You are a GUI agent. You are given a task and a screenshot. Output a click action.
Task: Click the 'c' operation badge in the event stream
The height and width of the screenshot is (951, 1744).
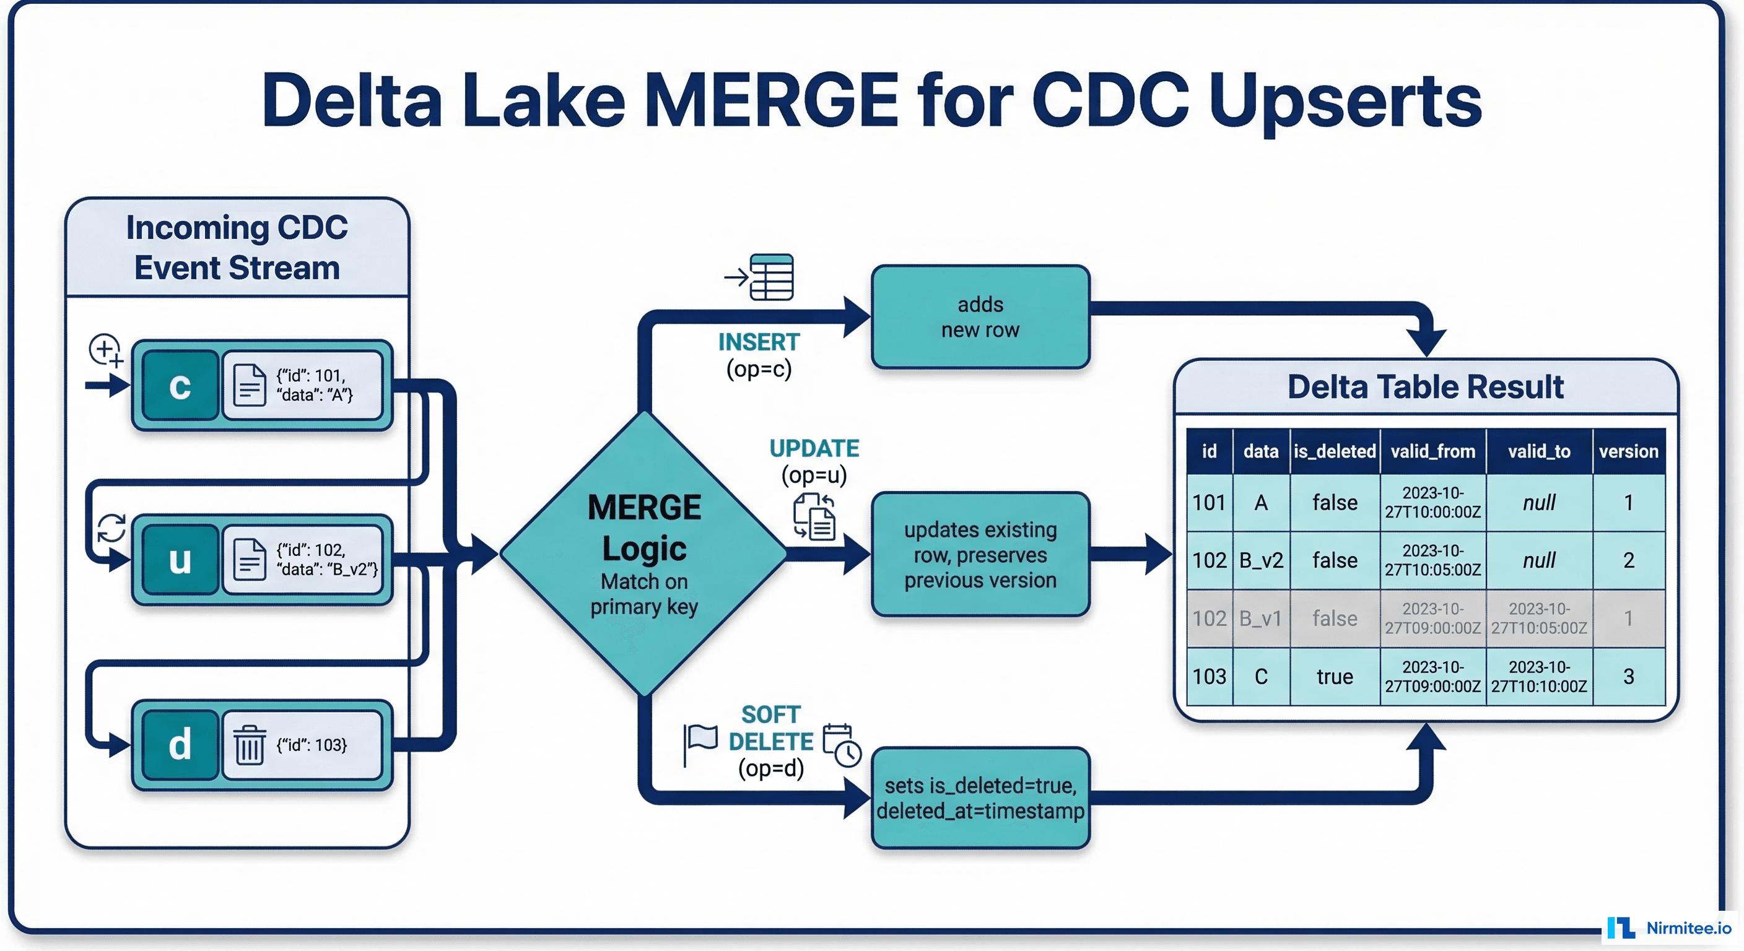click(x=180, y=386)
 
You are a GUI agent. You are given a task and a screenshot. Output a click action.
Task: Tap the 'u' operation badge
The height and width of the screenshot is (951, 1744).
click(x=180, y=560)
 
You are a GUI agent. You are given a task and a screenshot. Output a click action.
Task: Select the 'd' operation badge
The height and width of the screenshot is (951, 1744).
click(x=180, y=745)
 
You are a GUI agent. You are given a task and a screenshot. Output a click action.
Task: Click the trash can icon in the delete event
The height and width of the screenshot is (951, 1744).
click(x=249, y=745)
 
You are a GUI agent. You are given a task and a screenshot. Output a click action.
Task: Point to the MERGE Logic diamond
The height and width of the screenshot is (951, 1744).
click(x=644, y=554)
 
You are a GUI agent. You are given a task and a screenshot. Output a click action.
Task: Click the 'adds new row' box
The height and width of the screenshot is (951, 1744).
click(x=980, y=317)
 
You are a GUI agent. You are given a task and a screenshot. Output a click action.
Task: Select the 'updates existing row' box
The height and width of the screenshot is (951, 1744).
click(x=980, y=554)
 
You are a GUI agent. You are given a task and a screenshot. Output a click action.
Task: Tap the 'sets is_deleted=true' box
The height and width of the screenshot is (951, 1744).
click(x=980, y=798)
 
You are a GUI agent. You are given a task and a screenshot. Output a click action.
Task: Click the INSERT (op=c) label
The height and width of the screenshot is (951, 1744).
click(x=759, y=355)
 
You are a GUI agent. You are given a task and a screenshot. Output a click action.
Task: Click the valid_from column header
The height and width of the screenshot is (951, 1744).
click(x=1432, y=451)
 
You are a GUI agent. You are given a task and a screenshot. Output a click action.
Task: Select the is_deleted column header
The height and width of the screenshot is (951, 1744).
click(x=1335, y=451)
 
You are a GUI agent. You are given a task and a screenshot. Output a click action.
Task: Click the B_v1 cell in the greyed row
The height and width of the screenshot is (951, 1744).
click(x=1260, y=619)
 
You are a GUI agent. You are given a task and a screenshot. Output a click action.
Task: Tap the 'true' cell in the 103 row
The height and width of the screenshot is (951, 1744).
click(x=1335, y=677)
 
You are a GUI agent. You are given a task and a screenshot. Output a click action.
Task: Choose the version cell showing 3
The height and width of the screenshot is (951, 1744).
click(x=1628, y=677)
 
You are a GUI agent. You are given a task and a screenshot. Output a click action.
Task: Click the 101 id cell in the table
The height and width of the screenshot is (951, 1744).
click(x=1209, y=503)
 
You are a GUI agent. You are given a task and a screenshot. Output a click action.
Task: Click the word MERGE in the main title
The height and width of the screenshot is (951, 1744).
click(x=770, y=100)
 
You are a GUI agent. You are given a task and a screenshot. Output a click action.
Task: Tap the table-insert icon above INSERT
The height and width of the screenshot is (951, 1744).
click(x=770, y=277)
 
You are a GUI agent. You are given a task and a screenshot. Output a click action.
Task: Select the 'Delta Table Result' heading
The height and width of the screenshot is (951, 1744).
click(x=1425, y=387)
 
